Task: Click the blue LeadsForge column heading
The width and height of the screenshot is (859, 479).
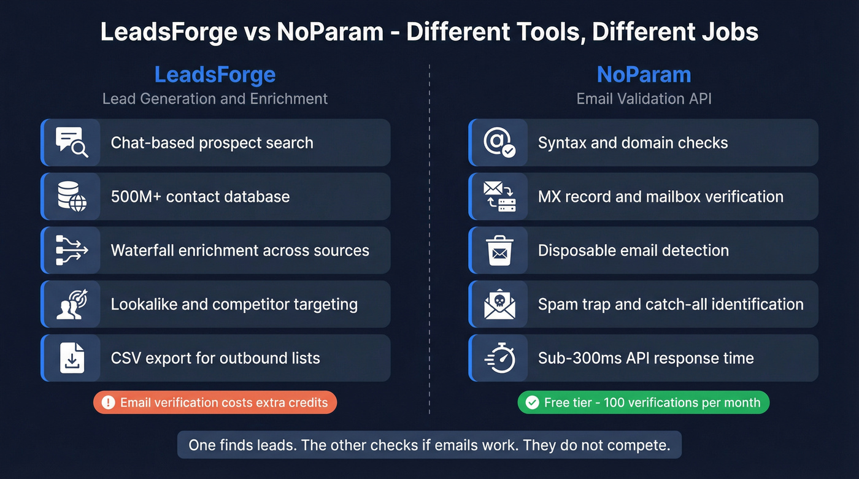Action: click(x=215, y=75)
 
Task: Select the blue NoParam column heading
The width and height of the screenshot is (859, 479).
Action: click(x=644, y=75)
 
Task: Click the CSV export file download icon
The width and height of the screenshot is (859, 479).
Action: click(x=72, y=358)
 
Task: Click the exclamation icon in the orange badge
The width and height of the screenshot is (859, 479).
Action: click(x=109, y=402)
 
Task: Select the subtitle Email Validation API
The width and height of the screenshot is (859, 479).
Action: click(x=644, y=99)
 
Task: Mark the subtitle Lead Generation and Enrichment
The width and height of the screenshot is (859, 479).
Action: click(x=215, y=99)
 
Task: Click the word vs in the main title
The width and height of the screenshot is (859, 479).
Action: click(x=256, y=32)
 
